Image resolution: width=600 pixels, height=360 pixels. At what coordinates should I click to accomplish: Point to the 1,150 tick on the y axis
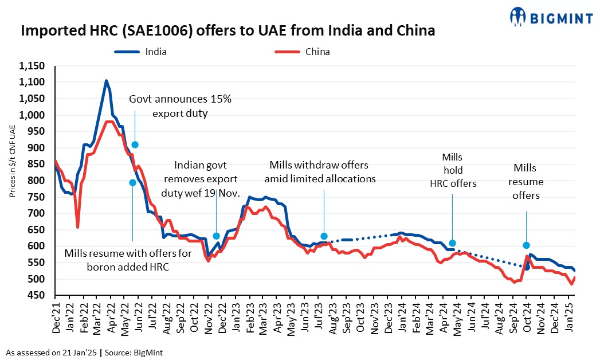coord(32,66)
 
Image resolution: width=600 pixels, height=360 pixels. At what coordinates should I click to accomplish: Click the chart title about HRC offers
coord(228,31)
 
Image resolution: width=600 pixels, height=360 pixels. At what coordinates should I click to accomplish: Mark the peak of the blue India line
coord(107,81)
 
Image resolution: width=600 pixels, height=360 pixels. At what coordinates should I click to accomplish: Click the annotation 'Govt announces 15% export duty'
coord(180,106)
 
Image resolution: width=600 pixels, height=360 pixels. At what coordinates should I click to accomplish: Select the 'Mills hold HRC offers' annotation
coord(452,170)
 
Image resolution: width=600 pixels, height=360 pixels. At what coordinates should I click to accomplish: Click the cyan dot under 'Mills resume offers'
coord(526,245)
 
